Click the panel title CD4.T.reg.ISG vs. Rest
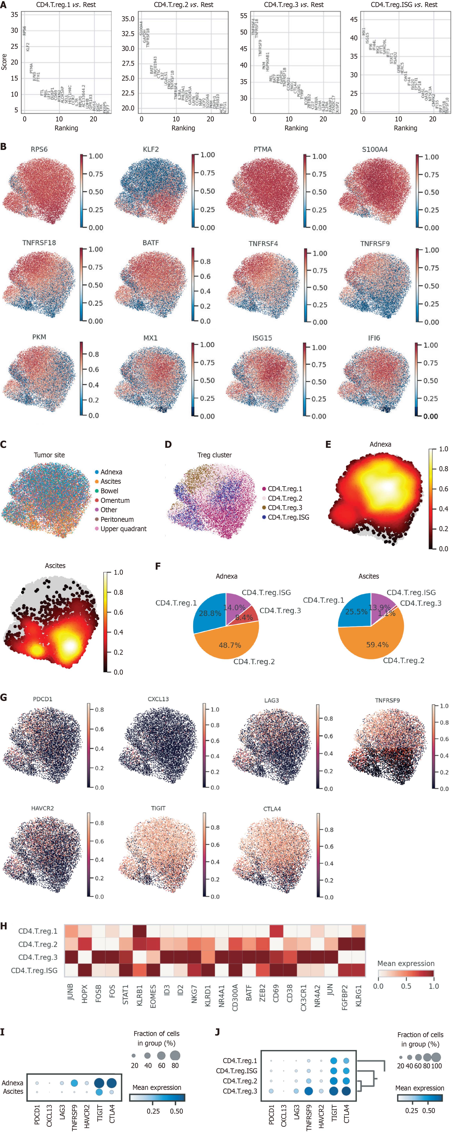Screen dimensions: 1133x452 (404, 5)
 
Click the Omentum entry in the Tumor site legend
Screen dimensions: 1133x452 (115, 501)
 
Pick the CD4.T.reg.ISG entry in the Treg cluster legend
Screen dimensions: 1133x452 (288, 517)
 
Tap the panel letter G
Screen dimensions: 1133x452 (4, 697)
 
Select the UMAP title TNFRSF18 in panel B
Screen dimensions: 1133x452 (39, 243)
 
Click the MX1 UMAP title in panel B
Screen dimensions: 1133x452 (151, 338)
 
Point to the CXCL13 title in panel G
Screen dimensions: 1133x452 (158, 699)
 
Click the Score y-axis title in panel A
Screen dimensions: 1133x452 (4, 62)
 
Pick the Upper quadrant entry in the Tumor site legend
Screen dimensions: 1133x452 (123, 529)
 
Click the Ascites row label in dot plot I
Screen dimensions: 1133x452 (13, 1091)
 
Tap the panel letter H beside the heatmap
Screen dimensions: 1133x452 (4, 926)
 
